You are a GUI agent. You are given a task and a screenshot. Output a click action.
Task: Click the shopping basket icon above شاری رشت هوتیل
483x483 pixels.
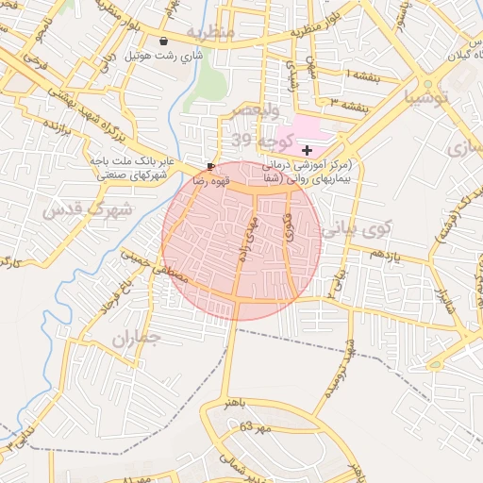[165, 42]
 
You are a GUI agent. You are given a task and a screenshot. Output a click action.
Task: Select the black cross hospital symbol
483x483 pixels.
[307, 150]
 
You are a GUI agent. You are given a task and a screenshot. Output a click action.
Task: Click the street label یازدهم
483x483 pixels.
[383, 256]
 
